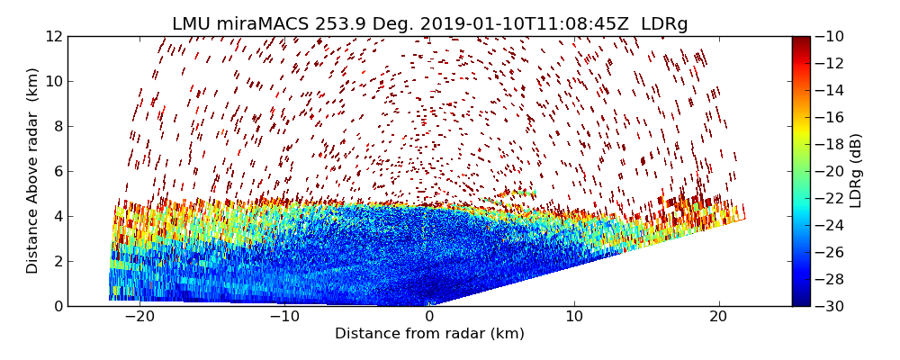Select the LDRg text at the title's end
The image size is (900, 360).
[664, 24]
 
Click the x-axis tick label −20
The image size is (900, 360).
[140, 317]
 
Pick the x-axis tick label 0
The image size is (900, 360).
[430, 317]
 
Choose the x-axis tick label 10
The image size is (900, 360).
[574, 317]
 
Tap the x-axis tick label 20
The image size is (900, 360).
[719, 317]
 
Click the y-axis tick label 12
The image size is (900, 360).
[53, 36]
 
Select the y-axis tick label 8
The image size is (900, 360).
[57, 126]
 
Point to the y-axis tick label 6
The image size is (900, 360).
[57, 171]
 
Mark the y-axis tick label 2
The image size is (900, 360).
[57, 261]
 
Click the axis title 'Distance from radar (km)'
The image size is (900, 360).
[429, 334]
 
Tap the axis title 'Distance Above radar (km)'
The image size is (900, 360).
[33, 171]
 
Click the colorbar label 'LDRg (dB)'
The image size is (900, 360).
[856, 171]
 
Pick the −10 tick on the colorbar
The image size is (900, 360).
[832, 36]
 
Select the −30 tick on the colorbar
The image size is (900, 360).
[832, 306]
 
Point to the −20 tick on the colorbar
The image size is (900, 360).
[832, 171]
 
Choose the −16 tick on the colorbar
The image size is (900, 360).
[832, 117]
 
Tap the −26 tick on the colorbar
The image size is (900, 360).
[832, 252]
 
